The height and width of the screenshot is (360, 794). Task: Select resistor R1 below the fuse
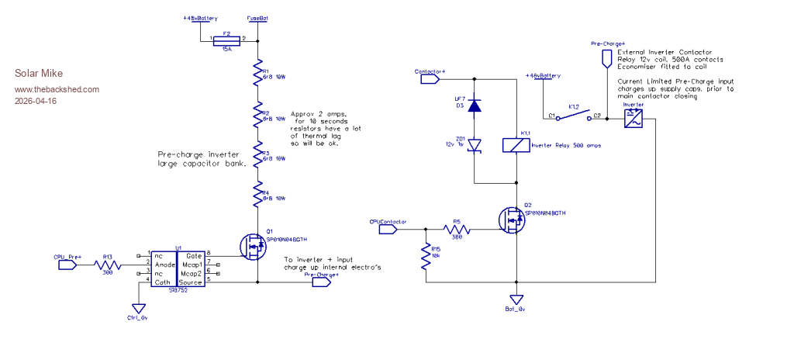coord(258,74)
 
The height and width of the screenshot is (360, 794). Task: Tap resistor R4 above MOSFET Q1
coord(258,196)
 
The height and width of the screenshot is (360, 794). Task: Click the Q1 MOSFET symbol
coord(254,247)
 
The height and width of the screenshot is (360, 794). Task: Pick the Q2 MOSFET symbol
coord(512,221)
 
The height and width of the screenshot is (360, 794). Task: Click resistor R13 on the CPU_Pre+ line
coord(108,264)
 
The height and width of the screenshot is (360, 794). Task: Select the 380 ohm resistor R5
coord(456,229)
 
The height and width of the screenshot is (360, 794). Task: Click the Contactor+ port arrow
coord(431,78)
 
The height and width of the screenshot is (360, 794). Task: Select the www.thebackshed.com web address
coord(57,89)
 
